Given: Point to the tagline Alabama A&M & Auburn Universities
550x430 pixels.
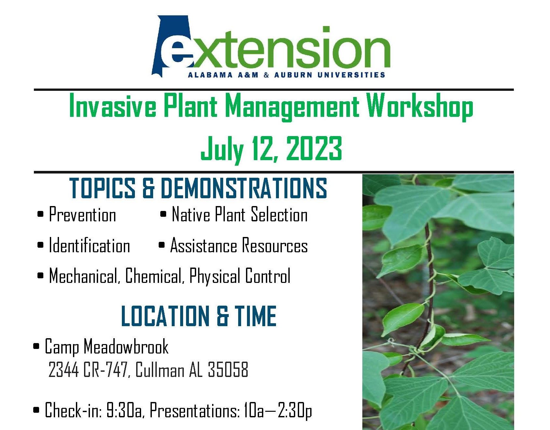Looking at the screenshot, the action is pyautogui.click(x=286, y=75).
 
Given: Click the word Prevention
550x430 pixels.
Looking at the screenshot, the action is pyautogui.click(x=82, y=215).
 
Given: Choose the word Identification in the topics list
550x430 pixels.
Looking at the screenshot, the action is pyautogui.click(x=89, y=245).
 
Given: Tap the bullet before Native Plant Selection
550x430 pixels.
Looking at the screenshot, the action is pyautogui.click(x=163, y=215).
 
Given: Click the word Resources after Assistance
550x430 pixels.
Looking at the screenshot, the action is pyautogui.click(x=275, y=245).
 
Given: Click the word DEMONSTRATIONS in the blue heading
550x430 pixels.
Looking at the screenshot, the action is pyautogui.click(x=244, y=188).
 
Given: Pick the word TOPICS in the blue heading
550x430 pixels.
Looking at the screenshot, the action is pyautogui.click(x=102, y=188).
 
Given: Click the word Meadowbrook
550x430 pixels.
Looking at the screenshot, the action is pyautogui.click(x=126, y=346).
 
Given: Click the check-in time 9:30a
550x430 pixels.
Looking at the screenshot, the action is pyautogui.click(x=125, y=410).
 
